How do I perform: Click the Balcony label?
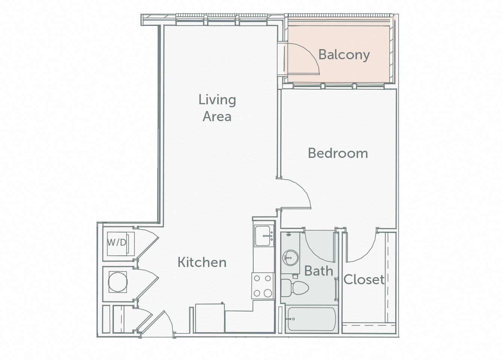(344, 55)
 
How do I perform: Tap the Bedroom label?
(338, 153)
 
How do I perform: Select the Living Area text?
(217, 108)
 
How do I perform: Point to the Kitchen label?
(202, 262)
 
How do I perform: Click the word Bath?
(318, 270)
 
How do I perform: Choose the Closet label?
(364, 279)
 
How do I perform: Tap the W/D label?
(117, 242)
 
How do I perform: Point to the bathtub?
(311, 319)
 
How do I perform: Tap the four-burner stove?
(263, 285)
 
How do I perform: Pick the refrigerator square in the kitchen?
(210, 318)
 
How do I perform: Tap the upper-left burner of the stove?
(257, 278)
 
